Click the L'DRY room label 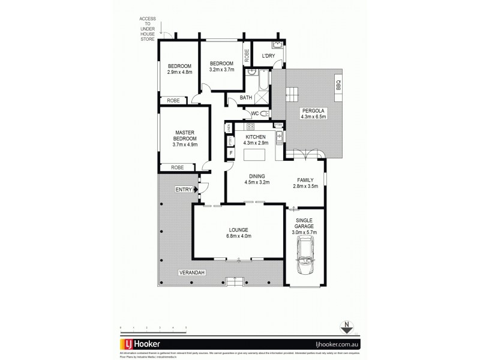point(268,56)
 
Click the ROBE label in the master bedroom point(177,167)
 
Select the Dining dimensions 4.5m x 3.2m point(257,182)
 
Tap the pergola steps point(292,94)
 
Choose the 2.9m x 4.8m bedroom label point(179,73)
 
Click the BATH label point(245,97)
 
